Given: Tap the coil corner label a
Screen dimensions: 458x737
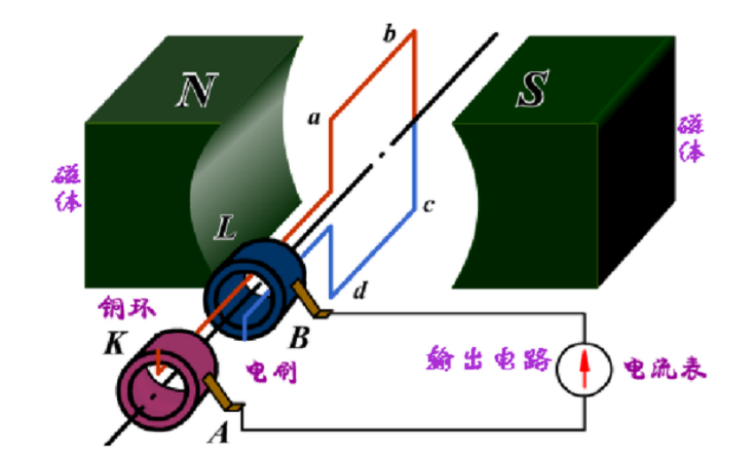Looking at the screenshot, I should click(311, 118).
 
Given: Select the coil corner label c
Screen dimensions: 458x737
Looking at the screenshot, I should click(427, 207).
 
